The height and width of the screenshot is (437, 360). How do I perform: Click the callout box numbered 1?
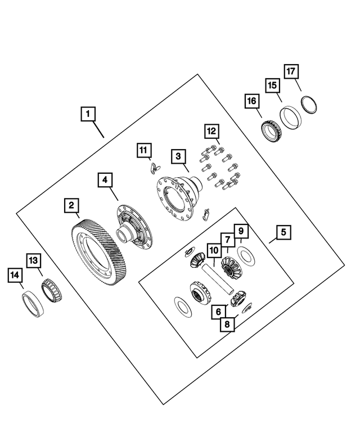[x=87, y=114]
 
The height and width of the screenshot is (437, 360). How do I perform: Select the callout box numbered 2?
[x=71, y=206]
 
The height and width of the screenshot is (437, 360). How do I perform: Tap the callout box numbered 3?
[x=178, y=156]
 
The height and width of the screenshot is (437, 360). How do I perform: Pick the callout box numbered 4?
[x=105, y=181]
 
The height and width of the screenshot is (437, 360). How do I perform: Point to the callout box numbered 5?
[x=283, y=232]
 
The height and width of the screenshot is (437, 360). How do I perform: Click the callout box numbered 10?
[x=213, y=249]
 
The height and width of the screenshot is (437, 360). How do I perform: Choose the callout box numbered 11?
[x=143, y=150]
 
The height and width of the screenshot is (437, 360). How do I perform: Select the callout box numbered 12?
[x=211, y=131]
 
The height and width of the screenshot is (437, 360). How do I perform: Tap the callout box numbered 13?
[x=34, y=260]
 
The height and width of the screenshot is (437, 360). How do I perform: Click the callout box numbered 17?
[x=291, y=71]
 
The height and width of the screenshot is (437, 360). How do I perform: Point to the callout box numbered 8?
[x=227, y=325]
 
